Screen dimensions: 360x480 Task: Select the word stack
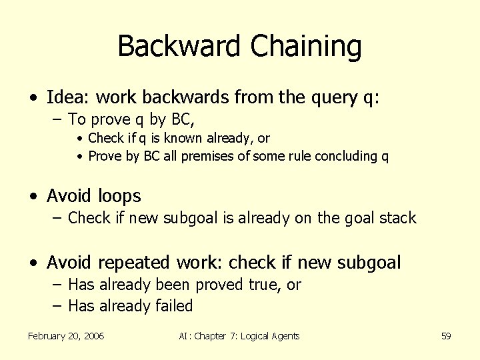pos(396,218)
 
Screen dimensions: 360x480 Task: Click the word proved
pos(219,285)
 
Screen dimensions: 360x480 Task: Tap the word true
pos(265,285)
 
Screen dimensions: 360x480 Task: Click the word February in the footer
pos(48,336)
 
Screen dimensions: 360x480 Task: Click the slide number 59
pos(446,336)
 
